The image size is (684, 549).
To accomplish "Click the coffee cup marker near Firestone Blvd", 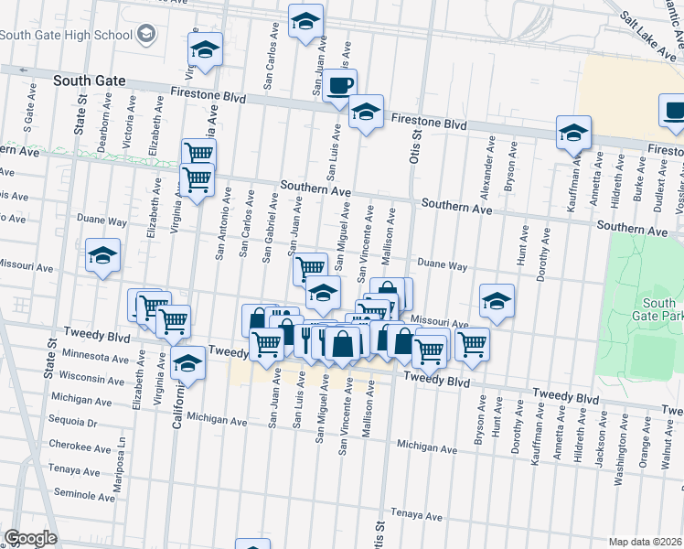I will [x=339, y=85].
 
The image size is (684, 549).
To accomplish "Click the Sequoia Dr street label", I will [x=74, y=423].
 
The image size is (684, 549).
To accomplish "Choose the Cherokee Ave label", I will [x=80, y=447].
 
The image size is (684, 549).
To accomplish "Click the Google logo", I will [x=30, y=538].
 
